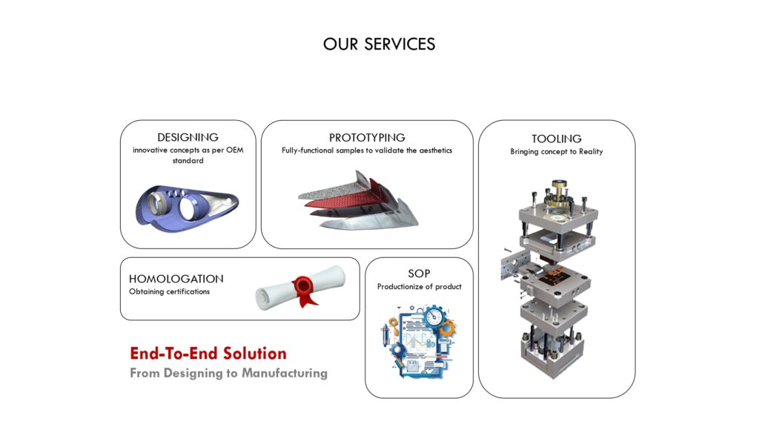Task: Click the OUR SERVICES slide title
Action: click(379, 44)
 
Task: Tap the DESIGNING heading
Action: click(188, 137)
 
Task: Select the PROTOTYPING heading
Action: click(367, 137)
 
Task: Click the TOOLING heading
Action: click(557, 139)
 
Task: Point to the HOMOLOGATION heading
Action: click(176, 279)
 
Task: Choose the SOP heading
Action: click(420, 274)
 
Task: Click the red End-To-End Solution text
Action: click(208, 354)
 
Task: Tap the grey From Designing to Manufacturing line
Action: click(228, 374)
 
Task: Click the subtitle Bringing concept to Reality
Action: click(557, 151)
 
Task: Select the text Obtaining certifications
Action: click(170, 291)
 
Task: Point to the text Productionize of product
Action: click(420, 287)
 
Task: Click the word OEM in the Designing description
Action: click(235, 150)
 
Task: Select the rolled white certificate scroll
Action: click(300, 288)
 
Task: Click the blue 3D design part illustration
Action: click(187, 205)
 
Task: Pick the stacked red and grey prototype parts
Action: click(358, 200)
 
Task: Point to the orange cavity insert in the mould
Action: click(554, 274)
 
